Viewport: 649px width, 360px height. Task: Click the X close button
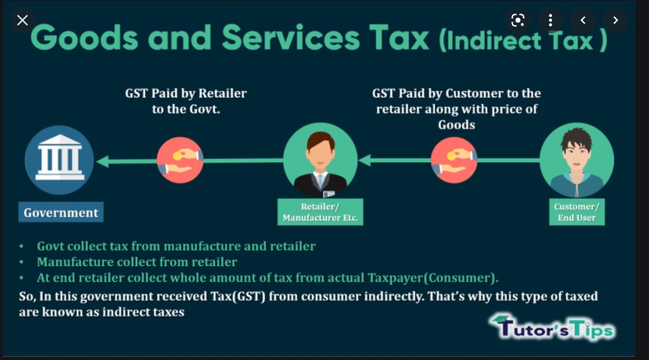[x=22, y=20]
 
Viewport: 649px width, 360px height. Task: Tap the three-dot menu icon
[x=550, y=20]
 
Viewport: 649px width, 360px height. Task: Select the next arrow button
[x=616, y=20]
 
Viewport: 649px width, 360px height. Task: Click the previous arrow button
[x=583, y=20]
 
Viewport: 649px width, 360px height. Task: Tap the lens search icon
[x=517, y=20]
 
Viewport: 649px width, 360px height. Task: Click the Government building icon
[x=60, y=160]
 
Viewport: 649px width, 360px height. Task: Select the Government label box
[x=60, y=212]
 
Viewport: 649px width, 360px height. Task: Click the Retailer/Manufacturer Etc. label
[x=320, y=212]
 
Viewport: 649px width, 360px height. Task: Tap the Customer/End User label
[x=577, y=212]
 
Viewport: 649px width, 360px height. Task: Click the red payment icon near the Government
[x=180, y=161]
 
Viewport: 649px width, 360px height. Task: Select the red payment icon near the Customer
[x=454, y=161]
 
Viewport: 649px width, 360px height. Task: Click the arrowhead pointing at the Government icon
[x=102, y=161]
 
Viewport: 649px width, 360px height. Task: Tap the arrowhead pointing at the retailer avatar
[x=364, y=161]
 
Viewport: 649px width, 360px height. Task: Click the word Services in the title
[x=291, y=38]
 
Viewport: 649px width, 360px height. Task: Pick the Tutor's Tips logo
[x=553, y=327]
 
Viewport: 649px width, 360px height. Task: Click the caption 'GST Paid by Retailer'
[x=186, y=93]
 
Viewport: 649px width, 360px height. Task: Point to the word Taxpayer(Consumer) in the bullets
[x=432, y=278]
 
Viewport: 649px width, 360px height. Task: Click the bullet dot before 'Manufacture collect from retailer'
[x=22, y=262]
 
